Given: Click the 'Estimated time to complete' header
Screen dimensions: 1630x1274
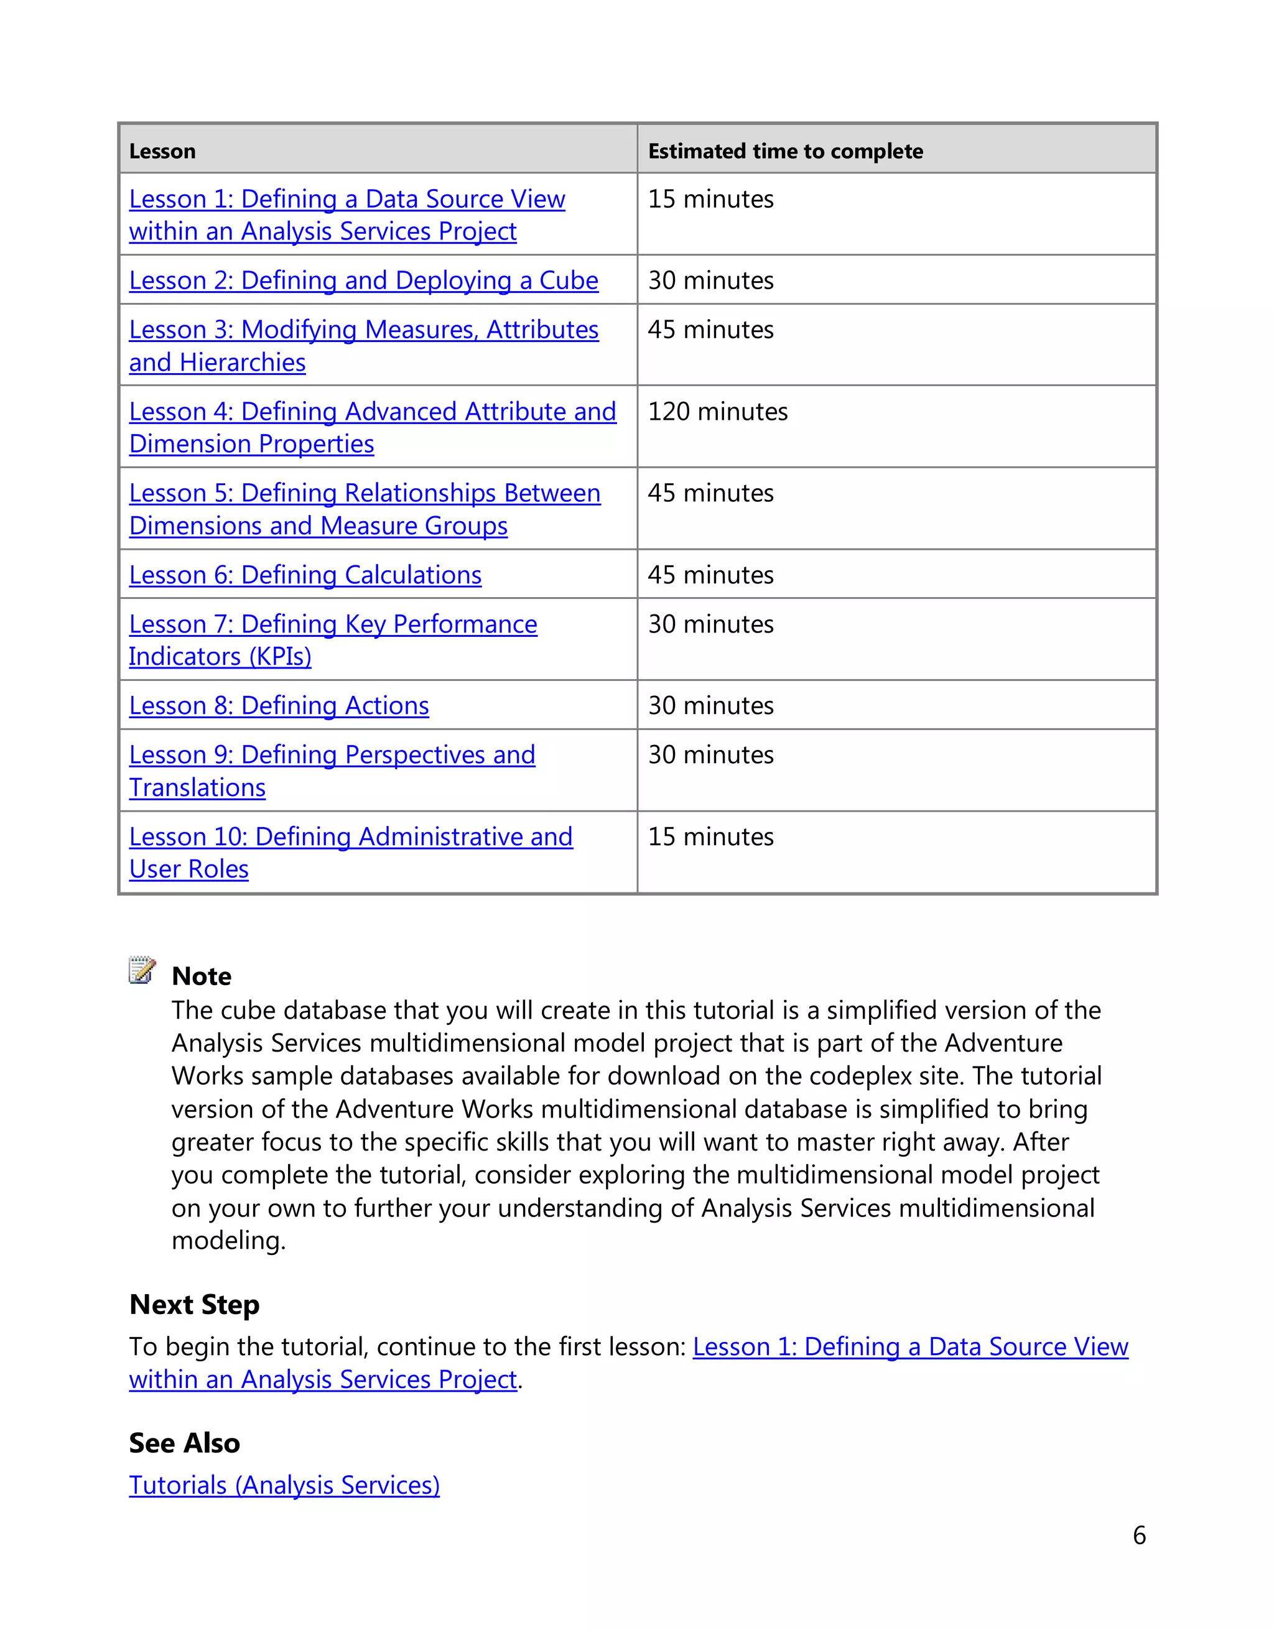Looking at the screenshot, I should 785,152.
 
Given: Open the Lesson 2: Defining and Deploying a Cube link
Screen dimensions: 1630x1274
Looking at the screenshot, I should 363,280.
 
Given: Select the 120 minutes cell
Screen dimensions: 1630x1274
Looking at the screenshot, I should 717,412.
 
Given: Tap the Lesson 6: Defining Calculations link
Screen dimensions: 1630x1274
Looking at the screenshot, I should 305,575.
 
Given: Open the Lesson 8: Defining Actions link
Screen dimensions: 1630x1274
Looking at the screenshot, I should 279,706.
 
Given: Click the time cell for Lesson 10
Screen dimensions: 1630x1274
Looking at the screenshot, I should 710,838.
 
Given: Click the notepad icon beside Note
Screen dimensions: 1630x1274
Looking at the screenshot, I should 142,970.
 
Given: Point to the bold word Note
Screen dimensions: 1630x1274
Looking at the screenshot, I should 202,976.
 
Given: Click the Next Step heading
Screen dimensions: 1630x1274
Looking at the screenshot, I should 194,1305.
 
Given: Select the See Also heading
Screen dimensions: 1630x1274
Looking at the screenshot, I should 184,1443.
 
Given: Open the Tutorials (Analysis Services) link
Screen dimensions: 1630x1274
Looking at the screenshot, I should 284,1485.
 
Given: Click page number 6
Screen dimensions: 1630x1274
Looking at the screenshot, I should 1139,1536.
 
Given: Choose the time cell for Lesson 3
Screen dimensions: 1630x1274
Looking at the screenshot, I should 710,330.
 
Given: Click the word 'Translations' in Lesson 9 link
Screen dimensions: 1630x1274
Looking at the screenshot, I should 197,788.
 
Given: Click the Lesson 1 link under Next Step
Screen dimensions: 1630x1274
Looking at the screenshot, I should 910,1347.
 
